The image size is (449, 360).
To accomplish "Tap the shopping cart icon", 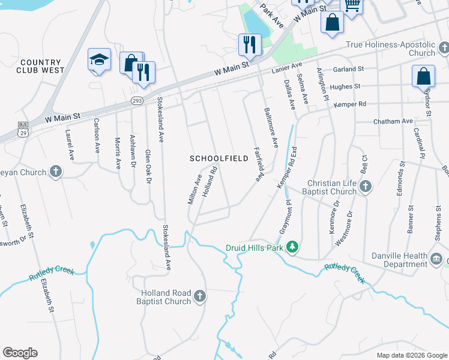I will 351,5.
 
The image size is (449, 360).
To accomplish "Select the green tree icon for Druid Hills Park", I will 292,247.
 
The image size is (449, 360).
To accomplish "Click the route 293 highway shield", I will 137,101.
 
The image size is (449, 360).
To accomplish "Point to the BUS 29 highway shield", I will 23,128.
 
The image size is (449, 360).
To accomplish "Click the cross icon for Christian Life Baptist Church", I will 366,187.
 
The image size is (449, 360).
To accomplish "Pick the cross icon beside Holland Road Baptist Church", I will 200,296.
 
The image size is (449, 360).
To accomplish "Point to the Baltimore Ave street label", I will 271,127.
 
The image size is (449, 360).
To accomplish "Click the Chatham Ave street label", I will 393,121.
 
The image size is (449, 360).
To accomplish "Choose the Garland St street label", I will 349,69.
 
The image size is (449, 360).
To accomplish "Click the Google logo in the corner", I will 20,353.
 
